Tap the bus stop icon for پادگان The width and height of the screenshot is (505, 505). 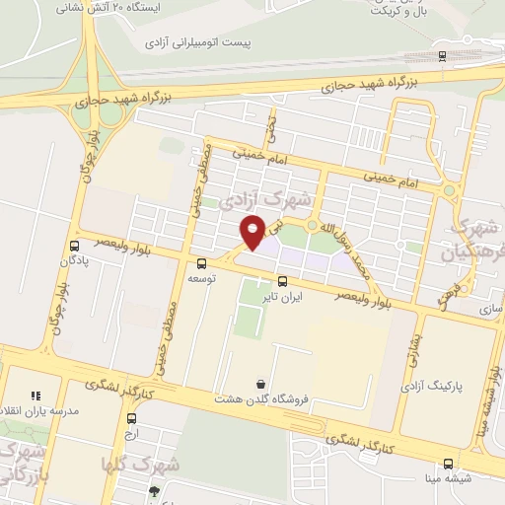tap(75, 246)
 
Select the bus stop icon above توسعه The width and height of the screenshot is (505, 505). tap(202, 263)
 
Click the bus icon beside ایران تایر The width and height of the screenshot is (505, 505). tap(282, 280)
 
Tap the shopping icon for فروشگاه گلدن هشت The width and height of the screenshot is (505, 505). tap(260, 384)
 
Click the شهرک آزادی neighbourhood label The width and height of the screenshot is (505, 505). tap(265, 202)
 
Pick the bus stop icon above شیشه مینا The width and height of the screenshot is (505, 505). tap(449, 463)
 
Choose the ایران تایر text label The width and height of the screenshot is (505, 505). tap(280, 295)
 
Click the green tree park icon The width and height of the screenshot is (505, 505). tap(154, 491)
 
